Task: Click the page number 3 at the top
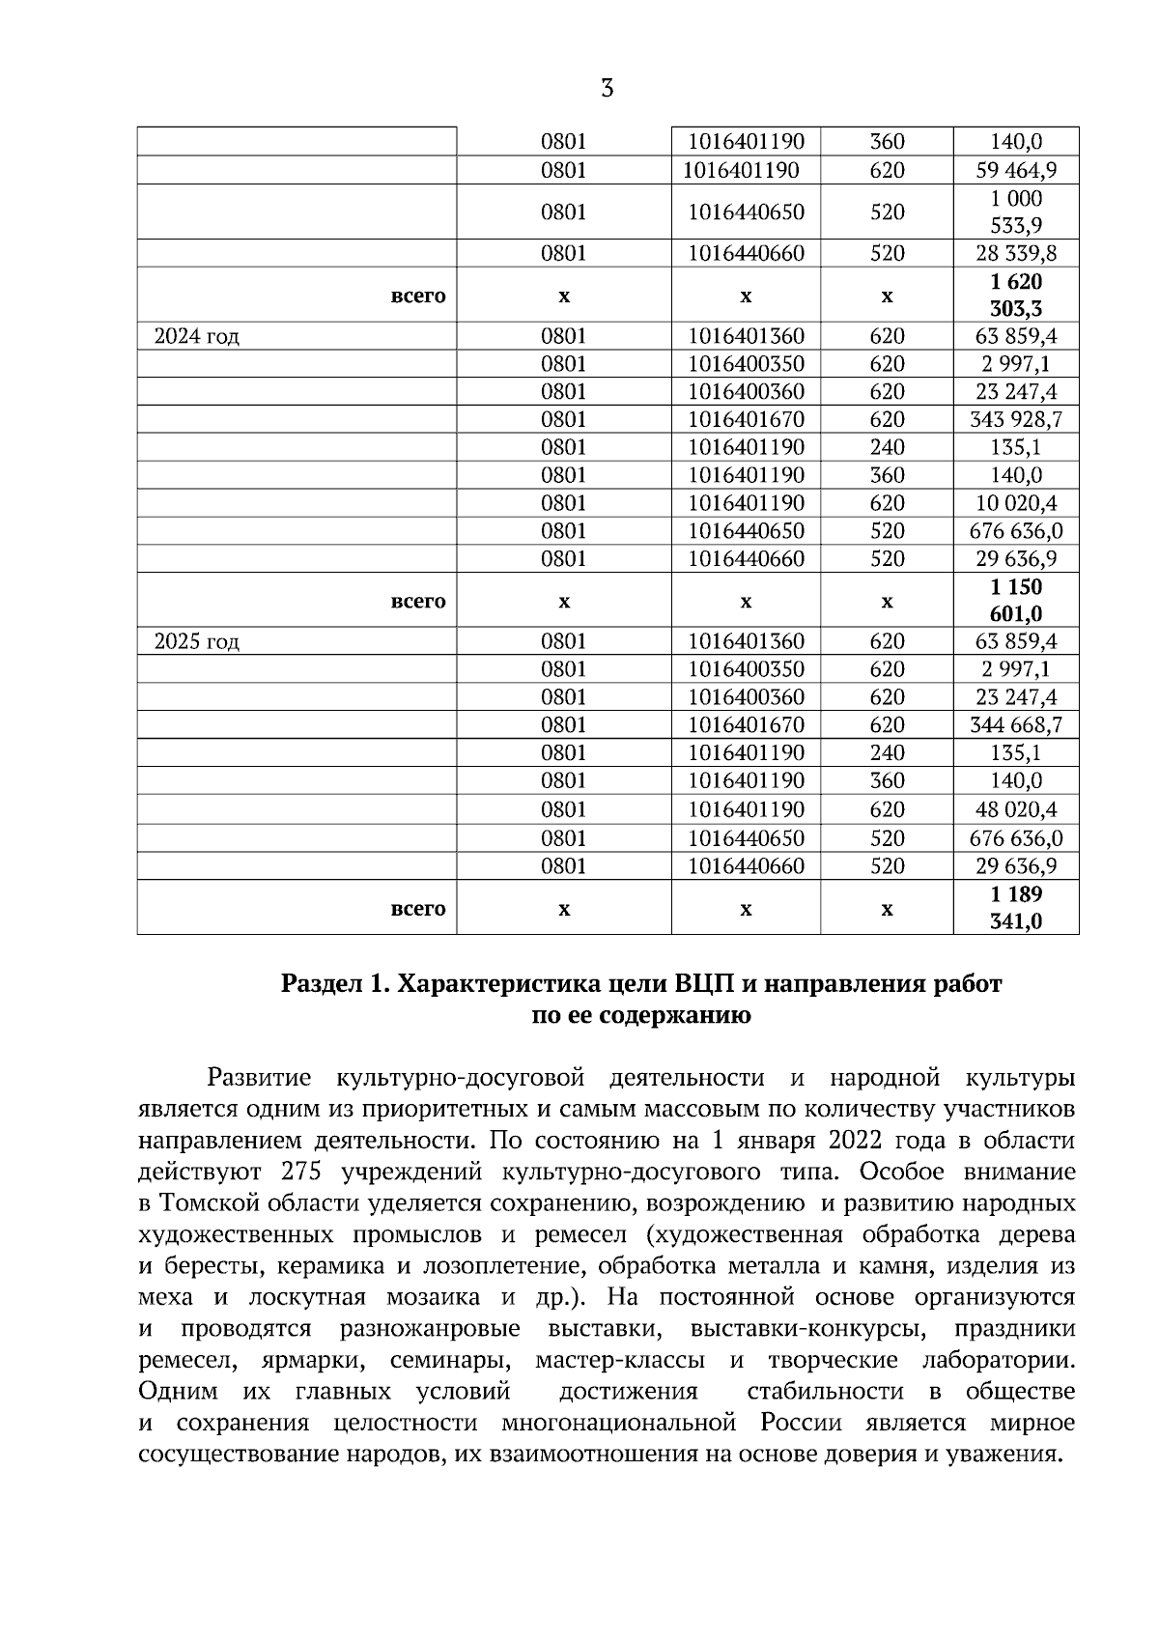pos(607,90)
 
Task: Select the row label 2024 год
pos(197,337)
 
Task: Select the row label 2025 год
pos(197,642)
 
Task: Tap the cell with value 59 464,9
pos(1017,171)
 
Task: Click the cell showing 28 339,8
pos(1017,254)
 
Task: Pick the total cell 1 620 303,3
pos(1016,296)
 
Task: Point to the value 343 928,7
pos(1017,420)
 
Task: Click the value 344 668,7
pos(1017,725)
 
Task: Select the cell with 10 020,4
pos(1017,503)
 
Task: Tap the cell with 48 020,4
pos(1017,809)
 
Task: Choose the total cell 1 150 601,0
pos(1016,601)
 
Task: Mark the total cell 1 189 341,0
pos(1016,908)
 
